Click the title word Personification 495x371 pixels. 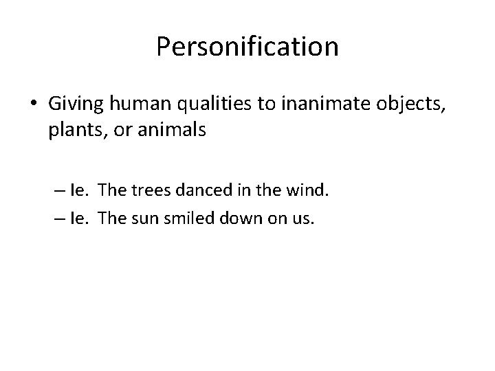point(247,47)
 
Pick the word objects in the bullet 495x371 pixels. point(410,104)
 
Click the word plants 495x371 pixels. point(75,130)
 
